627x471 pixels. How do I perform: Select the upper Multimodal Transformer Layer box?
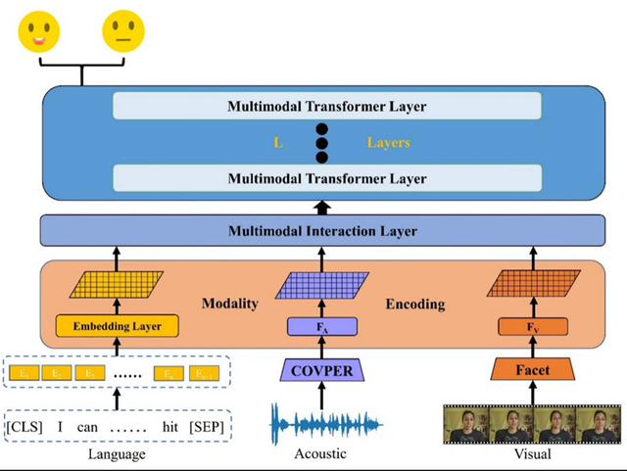coord(327,106)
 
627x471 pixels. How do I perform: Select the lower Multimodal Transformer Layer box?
coord(327,178)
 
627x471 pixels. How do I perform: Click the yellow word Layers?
coord(388,143)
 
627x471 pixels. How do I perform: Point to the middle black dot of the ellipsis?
coord(321,143)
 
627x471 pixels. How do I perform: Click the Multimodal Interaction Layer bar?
coord(322,231)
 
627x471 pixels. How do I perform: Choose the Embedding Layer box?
coord(117,326)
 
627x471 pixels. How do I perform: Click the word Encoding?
coord(415,304)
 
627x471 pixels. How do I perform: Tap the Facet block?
coord(533,371)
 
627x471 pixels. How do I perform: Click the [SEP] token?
coord(207,429)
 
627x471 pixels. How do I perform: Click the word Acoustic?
coord(321,455)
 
